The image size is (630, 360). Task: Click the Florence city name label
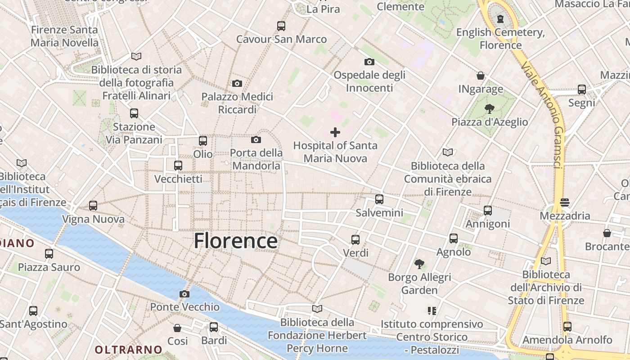pyautogui.click(x=235, y=241)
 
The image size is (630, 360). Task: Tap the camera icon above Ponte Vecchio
pyautogui.click(x=184, y=294)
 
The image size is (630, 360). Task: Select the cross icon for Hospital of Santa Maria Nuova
pyautogui.click(x=335, y=132)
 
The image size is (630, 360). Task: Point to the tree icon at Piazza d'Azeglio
pyautogui.click(x=489, y=109)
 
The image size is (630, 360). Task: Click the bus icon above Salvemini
pyautogui.click(x=379, y=199)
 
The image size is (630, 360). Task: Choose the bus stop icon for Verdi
pyautogui.click(x=355, y=240)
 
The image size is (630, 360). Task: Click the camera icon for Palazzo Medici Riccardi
pyautogui.click(x=237, y=83)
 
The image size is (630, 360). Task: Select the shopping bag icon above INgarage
pyautogui.click(x=481, y=76)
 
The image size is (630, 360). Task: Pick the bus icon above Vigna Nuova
pyautogui.click(x=93, y=206)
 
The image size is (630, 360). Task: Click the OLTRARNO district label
pyautogui.click(x=128, y=349)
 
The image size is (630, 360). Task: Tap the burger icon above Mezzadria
pyautogui.click(x=565, y=202)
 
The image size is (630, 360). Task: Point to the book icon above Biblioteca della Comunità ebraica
pyautogui.click(x=447, y=153)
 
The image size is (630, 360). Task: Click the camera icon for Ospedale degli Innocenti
pyautogui.click(x=369, y=62)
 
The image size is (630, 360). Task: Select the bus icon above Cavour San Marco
pyautogui.click(x=281, y=26)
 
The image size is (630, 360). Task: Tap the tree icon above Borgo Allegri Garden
pyautogui.click(x=419, y=264)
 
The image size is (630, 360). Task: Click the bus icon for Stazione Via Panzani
pyautogui.click(x=134, y=113)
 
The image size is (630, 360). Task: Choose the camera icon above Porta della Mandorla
pyautogui.click(x=256, y=139)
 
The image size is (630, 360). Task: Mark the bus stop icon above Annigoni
pyautogui.click(x=488, y=210)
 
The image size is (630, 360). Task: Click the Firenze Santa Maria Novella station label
pyautogui.click(x=64, y=36)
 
